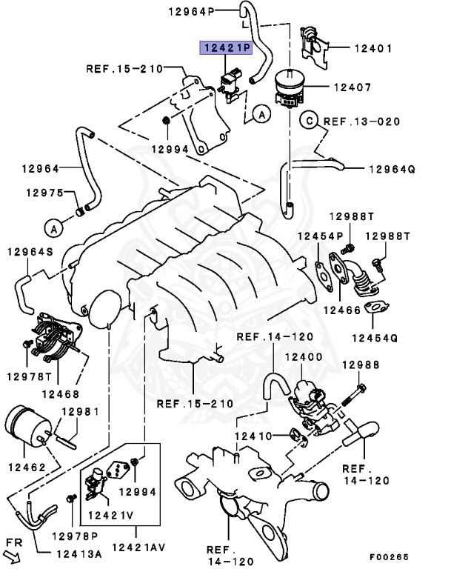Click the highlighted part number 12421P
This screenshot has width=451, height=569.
[226, 47]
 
